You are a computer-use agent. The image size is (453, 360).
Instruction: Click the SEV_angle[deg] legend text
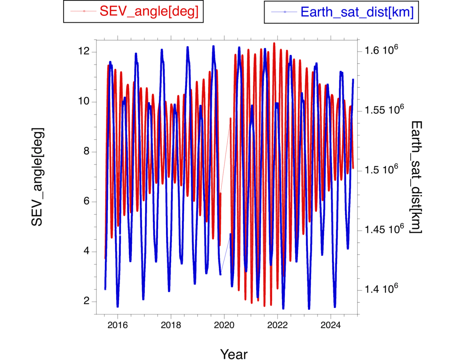[149, 11]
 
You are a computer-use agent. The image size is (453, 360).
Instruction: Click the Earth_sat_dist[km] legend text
[357, 12]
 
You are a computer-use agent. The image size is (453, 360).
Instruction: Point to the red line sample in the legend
[84, 11]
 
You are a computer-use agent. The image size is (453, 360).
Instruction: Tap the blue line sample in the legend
[284, 12]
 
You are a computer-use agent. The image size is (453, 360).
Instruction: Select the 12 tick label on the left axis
[84, 51]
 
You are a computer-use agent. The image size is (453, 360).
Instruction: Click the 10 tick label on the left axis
[84, 101]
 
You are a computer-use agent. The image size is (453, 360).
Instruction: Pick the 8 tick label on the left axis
[86, 152]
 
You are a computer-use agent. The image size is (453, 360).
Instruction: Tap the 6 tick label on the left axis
[86, 201]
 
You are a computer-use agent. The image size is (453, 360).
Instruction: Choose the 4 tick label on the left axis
[86, 251]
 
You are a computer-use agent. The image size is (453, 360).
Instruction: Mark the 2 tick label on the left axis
[86, 301]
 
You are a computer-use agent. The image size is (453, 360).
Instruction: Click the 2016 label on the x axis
[117, 325]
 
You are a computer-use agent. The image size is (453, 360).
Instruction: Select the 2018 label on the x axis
[171, 325]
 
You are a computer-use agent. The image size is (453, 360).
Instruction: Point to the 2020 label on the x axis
[224, 325]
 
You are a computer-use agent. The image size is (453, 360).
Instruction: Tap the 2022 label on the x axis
[277, 325]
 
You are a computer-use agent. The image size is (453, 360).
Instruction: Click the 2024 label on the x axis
[331, 325]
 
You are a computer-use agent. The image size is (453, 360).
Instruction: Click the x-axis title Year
[234, 354]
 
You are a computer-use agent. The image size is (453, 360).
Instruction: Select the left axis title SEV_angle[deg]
[37, 177]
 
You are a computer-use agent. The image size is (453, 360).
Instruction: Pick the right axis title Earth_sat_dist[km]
[416, 177]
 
